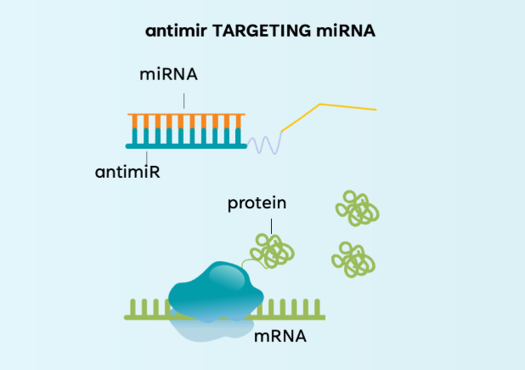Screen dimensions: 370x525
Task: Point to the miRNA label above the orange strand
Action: pyautogui.click(x=168, y=75)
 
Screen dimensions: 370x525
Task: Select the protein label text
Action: pyautogui.click(x=257, y=203)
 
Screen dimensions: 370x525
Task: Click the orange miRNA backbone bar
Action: pyautogui.click(x=187, y=114)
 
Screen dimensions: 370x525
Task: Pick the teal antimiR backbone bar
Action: pyautogui.click(x=187, y=145)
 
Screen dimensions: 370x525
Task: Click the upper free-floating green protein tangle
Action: pyautogui.click(x=356, y=208)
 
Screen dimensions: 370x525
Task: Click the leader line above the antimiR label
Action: pyautogui.click(x=149, y=156)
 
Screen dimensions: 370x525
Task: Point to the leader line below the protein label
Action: pyautogui.click(x=272, y=224)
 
